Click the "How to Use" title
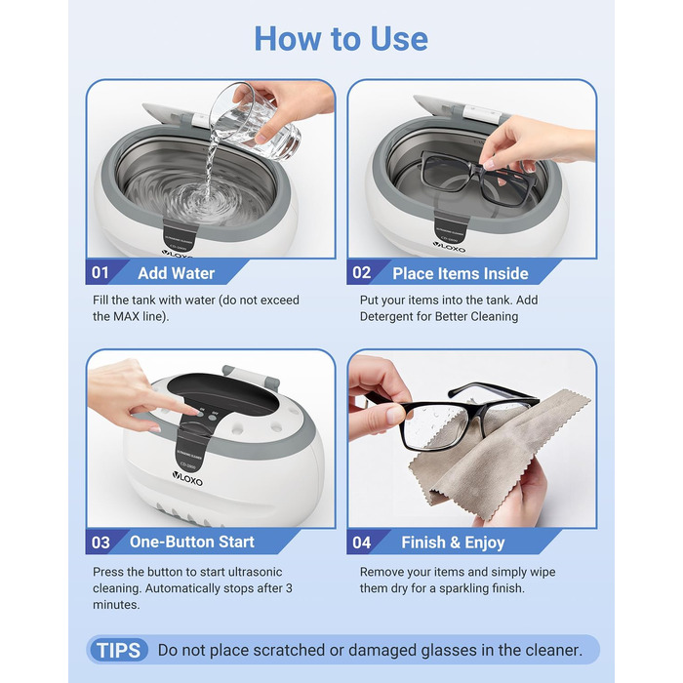point(341,39)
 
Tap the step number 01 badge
point(100,272)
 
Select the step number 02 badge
point(362,272)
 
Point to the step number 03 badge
point(100,542)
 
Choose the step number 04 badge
point(362,542)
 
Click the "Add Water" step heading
point(176,273)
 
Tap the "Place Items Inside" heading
point(460,273)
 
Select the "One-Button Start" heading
point(191,542)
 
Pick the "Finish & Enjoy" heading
point(453,542)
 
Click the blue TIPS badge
point(118,651)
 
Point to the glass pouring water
point(255,120)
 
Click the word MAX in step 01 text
point(126,316)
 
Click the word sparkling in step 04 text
point(458,588)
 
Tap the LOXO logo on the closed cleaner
point(187,478)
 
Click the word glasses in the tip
point(449,651)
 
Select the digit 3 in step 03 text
point(289,588)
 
